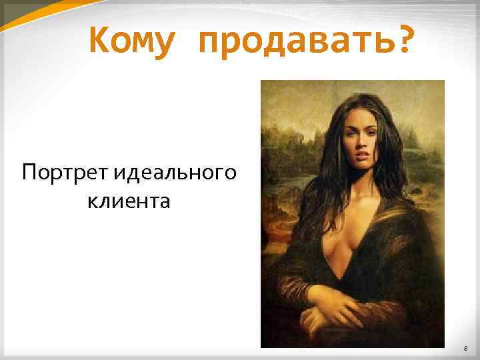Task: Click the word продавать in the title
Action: (291, 41)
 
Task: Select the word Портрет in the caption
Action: (65, 174)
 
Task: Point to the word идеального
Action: (175, 174)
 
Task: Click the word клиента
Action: (129, 201)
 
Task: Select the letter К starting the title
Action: (98, 41)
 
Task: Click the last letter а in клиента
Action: (165, 201)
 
